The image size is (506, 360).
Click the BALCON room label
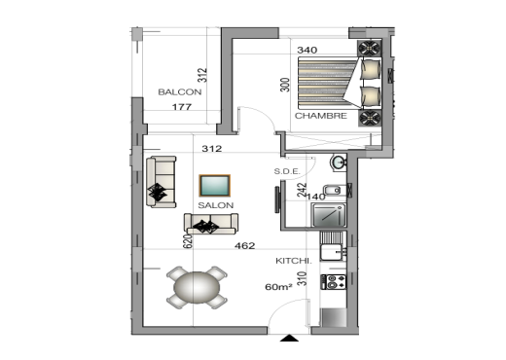pos(180,91)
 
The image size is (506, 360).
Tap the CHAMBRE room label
pos(322,117)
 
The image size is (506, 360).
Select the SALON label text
pos(214,206)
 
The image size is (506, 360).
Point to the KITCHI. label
pos(293,261)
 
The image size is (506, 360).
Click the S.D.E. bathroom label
pos(287,171)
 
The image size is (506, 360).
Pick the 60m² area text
pos(280,288)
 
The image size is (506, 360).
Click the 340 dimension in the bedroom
pos(307,51)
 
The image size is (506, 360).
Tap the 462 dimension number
pos(244,246)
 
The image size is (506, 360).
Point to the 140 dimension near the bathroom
pos(315,196)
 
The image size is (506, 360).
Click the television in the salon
pos(214,186)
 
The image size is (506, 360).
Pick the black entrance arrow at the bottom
pos(288,338)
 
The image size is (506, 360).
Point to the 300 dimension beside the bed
pos(286,85)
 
